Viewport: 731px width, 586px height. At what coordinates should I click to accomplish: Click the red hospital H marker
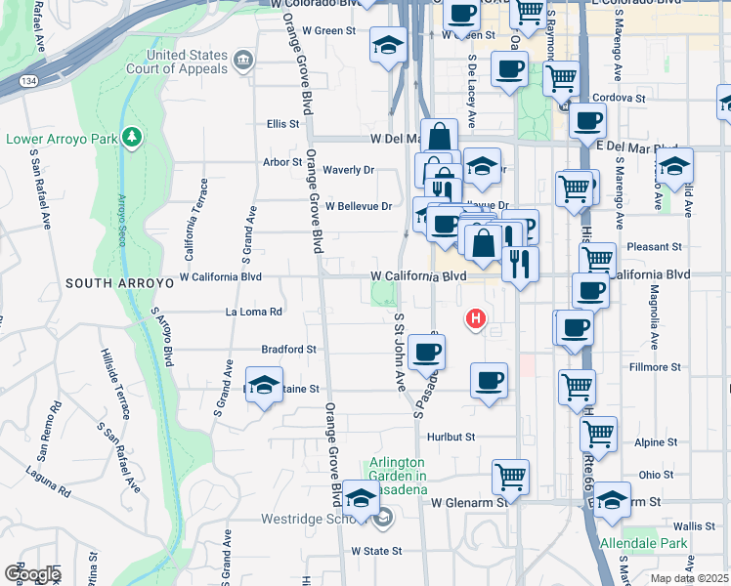tap(476, 318)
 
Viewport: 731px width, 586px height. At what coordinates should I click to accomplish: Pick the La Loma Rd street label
tap(254, 313)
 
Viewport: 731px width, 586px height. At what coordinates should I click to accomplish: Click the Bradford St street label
tap(288, 349)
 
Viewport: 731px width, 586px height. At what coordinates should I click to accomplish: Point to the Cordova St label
tap(620, 99)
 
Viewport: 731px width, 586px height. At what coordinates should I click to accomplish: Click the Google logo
tap(31, 574)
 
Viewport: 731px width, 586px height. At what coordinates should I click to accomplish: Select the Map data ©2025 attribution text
tap(690, 578)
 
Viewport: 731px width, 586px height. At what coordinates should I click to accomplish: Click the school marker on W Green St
tap(388, 45)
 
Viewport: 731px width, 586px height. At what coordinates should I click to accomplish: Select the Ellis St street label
tap(281, 124)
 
